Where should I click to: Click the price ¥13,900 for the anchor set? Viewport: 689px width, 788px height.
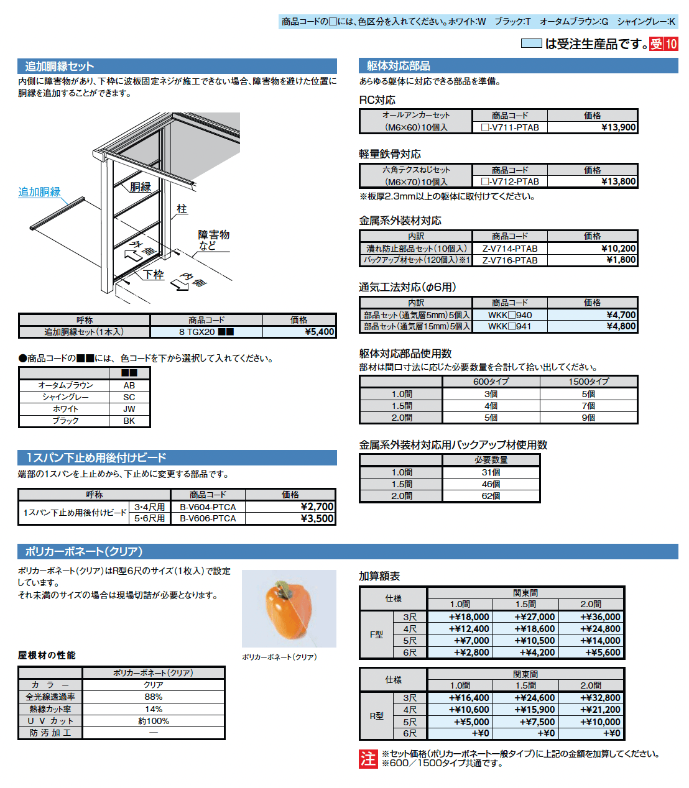(618, 127)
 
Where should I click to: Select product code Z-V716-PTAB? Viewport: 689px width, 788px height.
(510, 260)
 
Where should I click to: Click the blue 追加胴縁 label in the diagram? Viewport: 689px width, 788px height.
(39, 192)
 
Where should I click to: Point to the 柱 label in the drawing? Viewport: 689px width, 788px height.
(182, 209)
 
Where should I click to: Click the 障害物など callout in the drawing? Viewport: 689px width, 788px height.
(213, 240)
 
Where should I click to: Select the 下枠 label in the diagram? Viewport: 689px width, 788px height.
(154, 274)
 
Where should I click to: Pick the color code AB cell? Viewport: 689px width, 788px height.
(129, 385)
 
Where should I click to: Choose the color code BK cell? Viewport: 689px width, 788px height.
(129, 421)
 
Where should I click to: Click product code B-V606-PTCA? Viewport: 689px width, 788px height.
(208, 518)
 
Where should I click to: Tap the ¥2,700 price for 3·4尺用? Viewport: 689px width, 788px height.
(317, 506)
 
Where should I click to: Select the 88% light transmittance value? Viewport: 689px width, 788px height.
(154, 697)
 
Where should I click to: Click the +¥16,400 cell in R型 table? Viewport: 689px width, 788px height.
(469, 698)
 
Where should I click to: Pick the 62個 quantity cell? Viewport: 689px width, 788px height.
(491, 496)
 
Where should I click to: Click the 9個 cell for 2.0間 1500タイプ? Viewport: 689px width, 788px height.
(588, 418)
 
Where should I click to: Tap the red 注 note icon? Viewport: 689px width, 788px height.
(368, 759)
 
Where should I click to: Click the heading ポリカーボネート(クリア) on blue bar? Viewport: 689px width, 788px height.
(84, 551)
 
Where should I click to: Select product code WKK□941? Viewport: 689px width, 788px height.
(510, 326)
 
